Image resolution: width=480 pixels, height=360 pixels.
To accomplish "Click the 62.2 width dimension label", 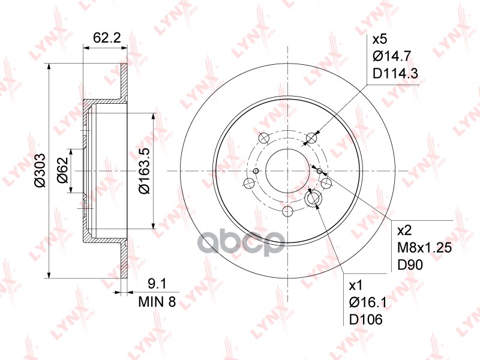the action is click(x=107, y=38).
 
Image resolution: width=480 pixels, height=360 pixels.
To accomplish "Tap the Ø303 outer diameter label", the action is click(x=40, y=170).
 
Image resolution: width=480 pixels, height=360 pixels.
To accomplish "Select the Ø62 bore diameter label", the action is click(x=63, y=170).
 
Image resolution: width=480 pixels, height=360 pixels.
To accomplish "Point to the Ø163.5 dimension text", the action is click(x=143, y=170).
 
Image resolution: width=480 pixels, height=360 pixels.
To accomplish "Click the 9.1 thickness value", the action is click(x=157, y=284).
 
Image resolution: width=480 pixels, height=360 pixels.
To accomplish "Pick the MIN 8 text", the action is click(x=157, y=302).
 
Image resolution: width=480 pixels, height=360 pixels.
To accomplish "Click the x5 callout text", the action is click(x=380, y=40).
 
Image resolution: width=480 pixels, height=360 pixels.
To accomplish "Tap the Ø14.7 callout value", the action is click(x=392, y=56).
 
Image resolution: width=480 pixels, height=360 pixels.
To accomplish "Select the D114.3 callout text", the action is click(x=395, y=73).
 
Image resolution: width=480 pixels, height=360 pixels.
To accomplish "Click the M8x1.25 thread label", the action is click(x=425, y=248).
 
